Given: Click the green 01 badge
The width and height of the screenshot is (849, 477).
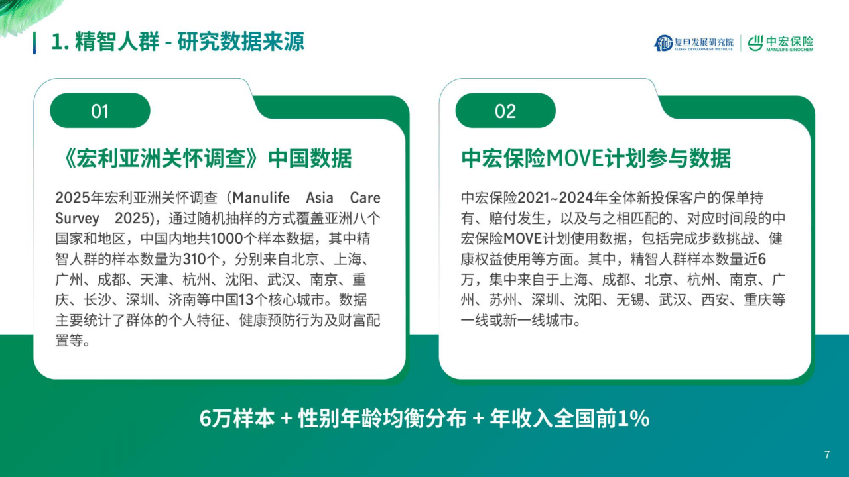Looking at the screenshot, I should (100, 111).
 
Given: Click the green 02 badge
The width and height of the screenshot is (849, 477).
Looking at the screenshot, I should (505, 111).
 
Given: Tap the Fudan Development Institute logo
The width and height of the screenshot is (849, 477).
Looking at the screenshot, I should (694, 43).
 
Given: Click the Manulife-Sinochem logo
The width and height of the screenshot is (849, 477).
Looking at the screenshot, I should (781, 43).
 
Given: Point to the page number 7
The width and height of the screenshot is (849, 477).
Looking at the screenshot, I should (827, 454).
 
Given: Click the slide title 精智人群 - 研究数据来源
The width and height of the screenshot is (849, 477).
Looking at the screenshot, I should (178, 42).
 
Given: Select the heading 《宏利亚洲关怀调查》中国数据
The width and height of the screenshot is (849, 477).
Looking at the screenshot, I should (205, 158).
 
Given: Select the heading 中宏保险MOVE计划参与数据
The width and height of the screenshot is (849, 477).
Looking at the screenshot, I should (596, 158).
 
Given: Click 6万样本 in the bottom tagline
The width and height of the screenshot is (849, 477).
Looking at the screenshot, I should (237, 419).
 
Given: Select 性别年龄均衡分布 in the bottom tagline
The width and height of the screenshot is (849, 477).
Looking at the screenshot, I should (382, 419).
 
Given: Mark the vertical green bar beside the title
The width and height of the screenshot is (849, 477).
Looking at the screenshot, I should (34, 42).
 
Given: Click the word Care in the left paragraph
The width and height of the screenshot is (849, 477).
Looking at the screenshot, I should (365, 198).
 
